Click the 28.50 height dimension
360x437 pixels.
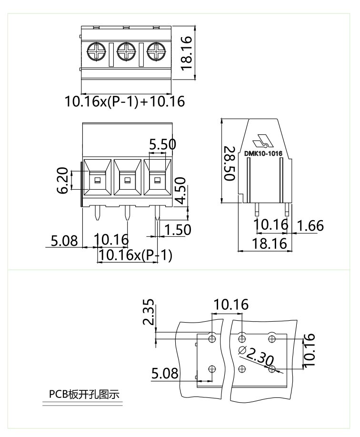point(229,163)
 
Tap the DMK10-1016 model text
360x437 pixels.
point(263,153)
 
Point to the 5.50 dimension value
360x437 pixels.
point(162,144)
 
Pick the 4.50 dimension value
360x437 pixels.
point(180,191)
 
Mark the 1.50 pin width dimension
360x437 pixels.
point(178,230)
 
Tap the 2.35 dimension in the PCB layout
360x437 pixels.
point(149,312)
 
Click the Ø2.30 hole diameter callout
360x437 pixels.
point(256,356)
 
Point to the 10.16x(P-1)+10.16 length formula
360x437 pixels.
point(125,102)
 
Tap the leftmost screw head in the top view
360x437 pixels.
point(97,51)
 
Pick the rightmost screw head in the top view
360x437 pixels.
point(156,51)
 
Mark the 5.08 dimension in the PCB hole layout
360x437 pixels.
point(165,374)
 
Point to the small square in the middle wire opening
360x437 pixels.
point(127,180)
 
